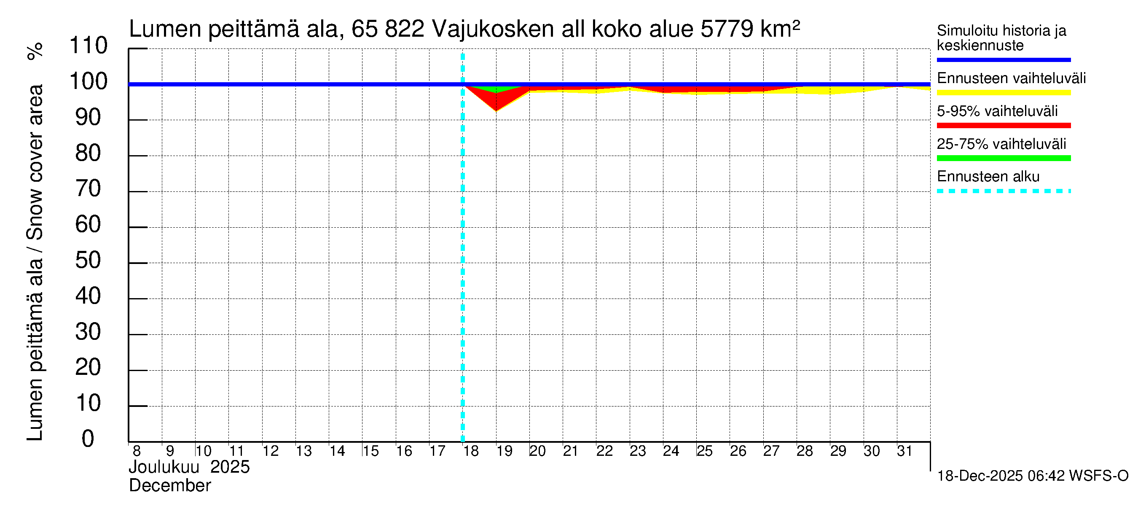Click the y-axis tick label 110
pyautogui.click(x=89, y=46)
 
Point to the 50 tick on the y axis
pyautogui.click(x=88, y=260)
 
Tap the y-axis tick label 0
pyautogui.click(x=88, y=439)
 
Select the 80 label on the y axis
pyautogui.click(x=88, y=153)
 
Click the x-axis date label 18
pyautogui.click(x=471, y=451)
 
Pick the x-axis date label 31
pyautogui.click(x=904, y=451)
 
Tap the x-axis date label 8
pyautogui.click(x=137, y=451)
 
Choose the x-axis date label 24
pyautogui.click(x=671, y=451)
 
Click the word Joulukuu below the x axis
pyautogui.click(x=164, y=467)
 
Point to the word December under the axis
pyautogui.click(x=169, y=486)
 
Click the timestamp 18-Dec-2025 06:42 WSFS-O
pyautogui.click(x=1032, y=476)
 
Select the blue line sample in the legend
pyautogui.click(x=1003, y=59)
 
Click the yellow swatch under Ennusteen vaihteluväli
pyautogui.click(x=1003, y=93)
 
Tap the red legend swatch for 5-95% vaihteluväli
pyautogui.click(x=1003, y=126)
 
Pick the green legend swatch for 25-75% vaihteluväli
pyautogui.click(x=1003, y=158)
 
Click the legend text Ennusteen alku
pyautogui.click(x=988, y=177)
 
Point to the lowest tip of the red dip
pyautogui.click(x=496, y=110)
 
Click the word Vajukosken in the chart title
pyautogui.click(x=493, y=29)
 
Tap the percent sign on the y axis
pyautogui.click(x=35, y=51)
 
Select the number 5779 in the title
pyautogui.click(x=726, y=29)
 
